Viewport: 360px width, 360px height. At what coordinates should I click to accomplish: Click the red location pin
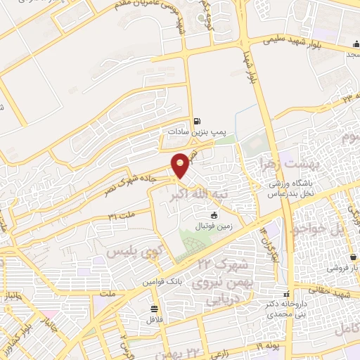(181, 165)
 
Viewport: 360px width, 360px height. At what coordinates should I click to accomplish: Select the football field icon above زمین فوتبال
(214, 215)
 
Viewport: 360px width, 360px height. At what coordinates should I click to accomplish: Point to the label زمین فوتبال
(214, 227)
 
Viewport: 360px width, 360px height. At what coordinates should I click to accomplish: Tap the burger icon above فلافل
(154, 308)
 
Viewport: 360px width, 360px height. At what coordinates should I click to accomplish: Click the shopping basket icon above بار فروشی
(355, 257)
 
